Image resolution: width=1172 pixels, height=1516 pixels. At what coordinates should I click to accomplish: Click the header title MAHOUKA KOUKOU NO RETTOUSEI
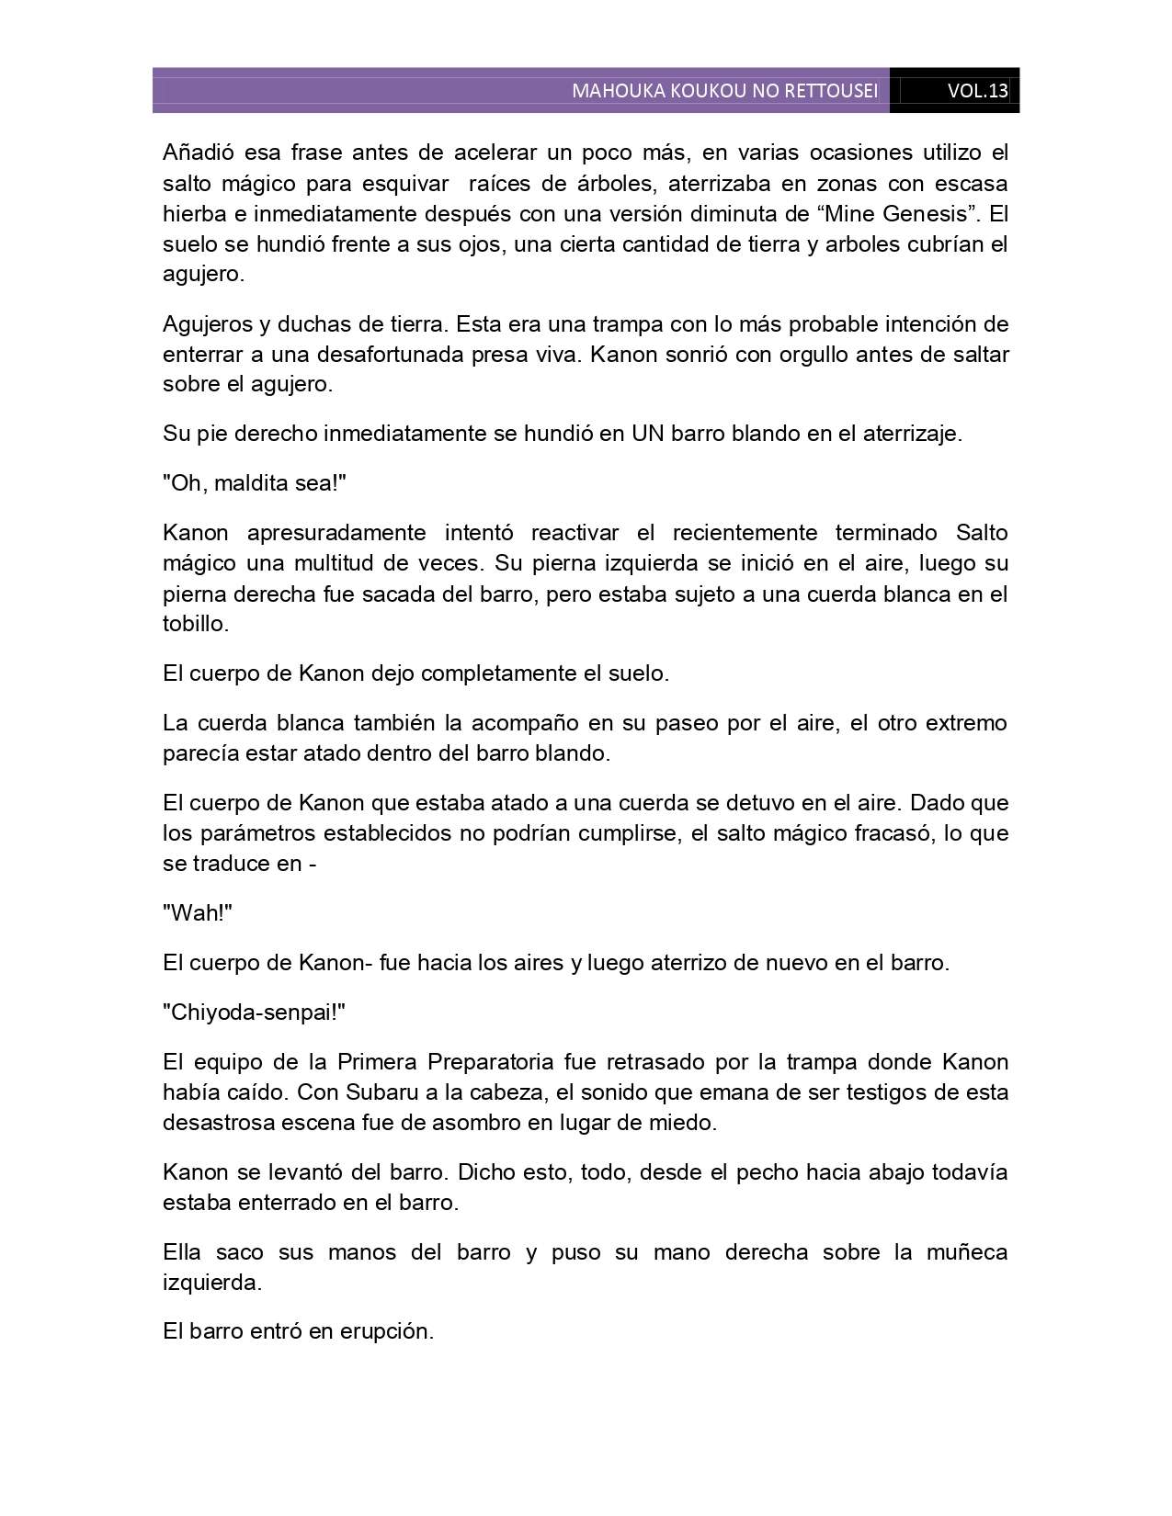[x=724, y=91]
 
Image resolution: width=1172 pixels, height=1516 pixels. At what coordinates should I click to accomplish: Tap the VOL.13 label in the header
[x=977, y=91]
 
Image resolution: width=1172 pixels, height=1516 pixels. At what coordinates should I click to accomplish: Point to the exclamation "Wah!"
[x=198, y=913]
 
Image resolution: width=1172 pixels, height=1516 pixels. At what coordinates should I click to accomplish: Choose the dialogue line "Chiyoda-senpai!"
[x=254, y=1013]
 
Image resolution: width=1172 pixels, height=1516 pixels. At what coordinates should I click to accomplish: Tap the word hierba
[x=193, y=213]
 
